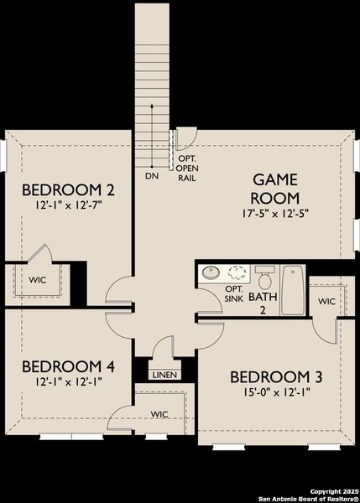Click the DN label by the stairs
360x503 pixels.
point(151,177)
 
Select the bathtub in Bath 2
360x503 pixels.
point(292,289)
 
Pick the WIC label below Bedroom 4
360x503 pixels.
point(159,414)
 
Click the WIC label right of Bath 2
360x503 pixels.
point(326,300)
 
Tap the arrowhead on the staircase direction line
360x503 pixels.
point(151,106)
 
